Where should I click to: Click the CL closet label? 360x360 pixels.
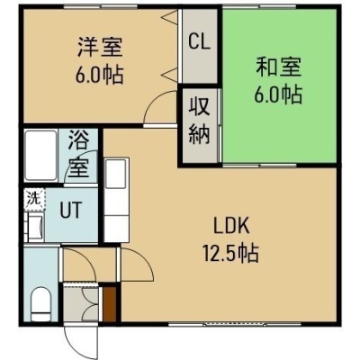pos(199,42)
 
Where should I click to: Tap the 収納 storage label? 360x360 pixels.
pos(199,121)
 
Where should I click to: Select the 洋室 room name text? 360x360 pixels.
pos(100,47)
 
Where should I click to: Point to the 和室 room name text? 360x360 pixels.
pos(278,67)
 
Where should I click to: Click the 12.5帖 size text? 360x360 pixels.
pos(230,254)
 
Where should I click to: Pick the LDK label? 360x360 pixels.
pos(231,226)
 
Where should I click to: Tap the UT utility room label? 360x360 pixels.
pos(71,210)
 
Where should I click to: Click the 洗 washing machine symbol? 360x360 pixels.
pos(34,198)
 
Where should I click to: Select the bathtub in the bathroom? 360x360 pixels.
pos(40,156)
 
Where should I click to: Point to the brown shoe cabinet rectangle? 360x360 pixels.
pos(110,304)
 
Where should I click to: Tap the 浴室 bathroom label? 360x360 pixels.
pos(78,154)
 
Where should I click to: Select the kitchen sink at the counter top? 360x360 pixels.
pos(116,174)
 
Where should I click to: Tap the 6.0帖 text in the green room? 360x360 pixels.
pos(278,94)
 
